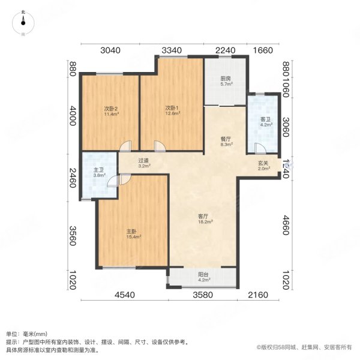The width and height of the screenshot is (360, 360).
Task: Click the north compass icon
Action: [x=22, y=21]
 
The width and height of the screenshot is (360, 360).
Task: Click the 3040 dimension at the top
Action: [x=110, y=50]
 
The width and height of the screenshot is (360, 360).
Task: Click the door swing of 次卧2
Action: [x=125, y=146]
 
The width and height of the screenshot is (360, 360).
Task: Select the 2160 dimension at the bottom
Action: [x=258, y=295]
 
